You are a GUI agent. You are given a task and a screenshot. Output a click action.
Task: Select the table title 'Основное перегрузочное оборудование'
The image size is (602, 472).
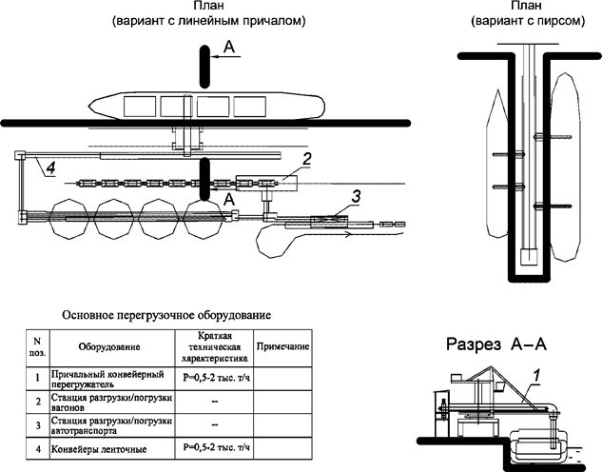click(x=166, y=313)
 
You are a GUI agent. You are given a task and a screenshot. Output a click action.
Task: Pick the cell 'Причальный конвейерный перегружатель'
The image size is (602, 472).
click(x=110, y=381)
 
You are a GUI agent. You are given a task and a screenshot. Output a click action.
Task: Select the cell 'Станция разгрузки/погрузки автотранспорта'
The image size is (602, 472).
click(x=110, y=426)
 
